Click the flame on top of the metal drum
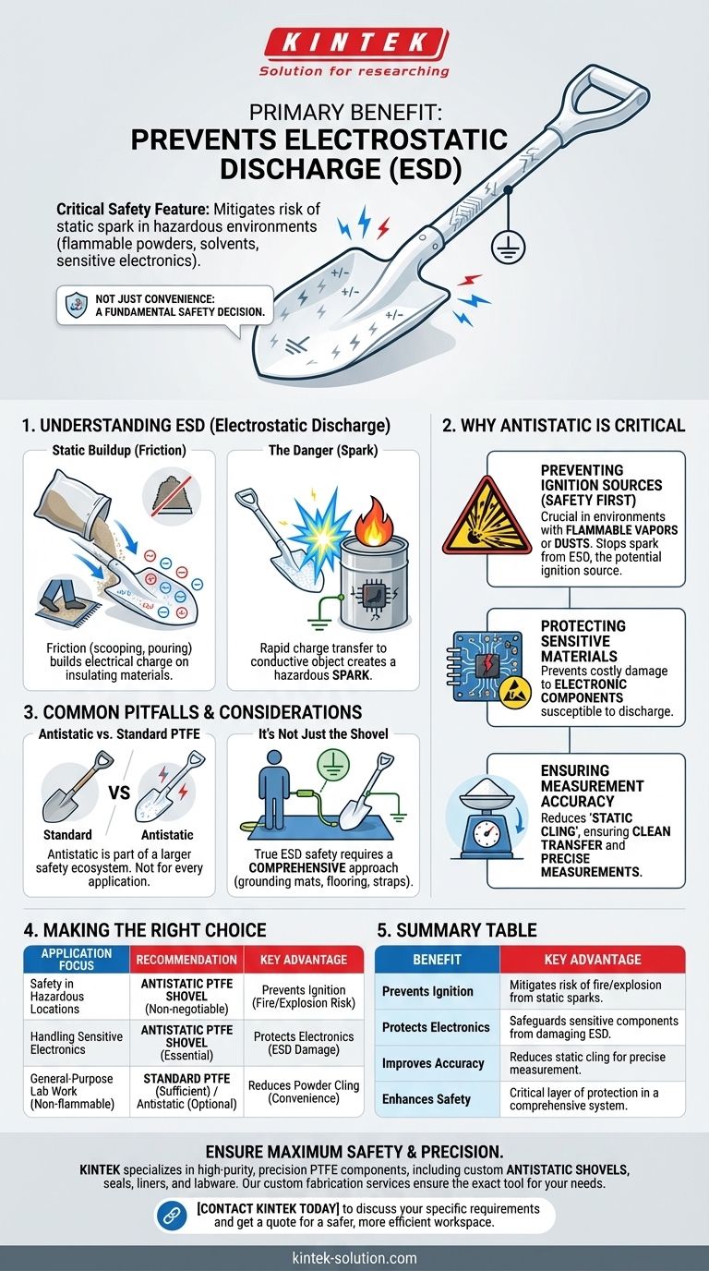373,521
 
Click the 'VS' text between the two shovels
119,793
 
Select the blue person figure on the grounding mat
274,789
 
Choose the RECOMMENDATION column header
186,960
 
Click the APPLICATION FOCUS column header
77,960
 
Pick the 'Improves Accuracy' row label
433,1063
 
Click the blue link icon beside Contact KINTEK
171,1215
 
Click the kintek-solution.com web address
354,1258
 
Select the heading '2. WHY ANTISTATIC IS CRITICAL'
563,426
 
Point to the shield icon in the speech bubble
77,305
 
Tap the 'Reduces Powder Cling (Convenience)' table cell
304,1092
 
